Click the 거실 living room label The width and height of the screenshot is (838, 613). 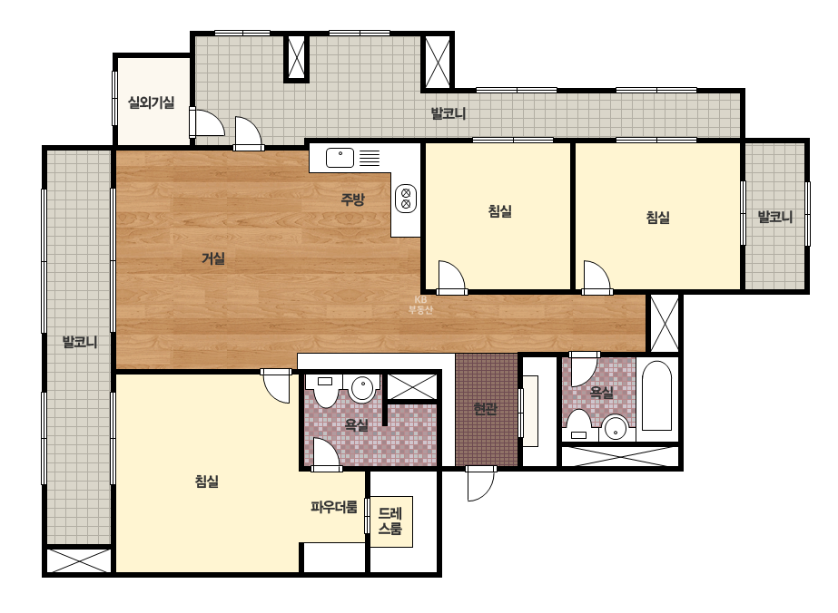coord(212,259)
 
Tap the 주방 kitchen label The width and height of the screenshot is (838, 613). coord(353,199)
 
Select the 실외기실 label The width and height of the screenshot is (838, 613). coord(152,102)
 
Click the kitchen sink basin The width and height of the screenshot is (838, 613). coord(340,158)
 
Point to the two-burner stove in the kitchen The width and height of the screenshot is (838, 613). coord(406,199)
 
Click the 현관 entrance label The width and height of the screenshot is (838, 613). coord(485,409)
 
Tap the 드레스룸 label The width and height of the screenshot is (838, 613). coord(390,521)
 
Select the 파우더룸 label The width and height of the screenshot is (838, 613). coord(334,507)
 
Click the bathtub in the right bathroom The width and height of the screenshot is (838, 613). coord(656,395)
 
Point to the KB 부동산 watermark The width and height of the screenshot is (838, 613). coord(420,305)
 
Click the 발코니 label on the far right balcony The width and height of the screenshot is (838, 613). coord(775,217)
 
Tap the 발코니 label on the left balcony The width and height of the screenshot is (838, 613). coord(80,342)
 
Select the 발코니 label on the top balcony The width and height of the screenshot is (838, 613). coord(449,113)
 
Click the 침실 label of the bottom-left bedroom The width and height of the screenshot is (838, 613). coord(207,482)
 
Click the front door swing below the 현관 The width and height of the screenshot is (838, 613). coord(480,484)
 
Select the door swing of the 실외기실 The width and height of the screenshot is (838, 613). coord(207,122)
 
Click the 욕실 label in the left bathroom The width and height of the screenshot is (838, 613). coord(357,425)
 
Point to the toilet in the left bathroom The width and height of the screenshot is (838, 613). coord(325,391)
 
